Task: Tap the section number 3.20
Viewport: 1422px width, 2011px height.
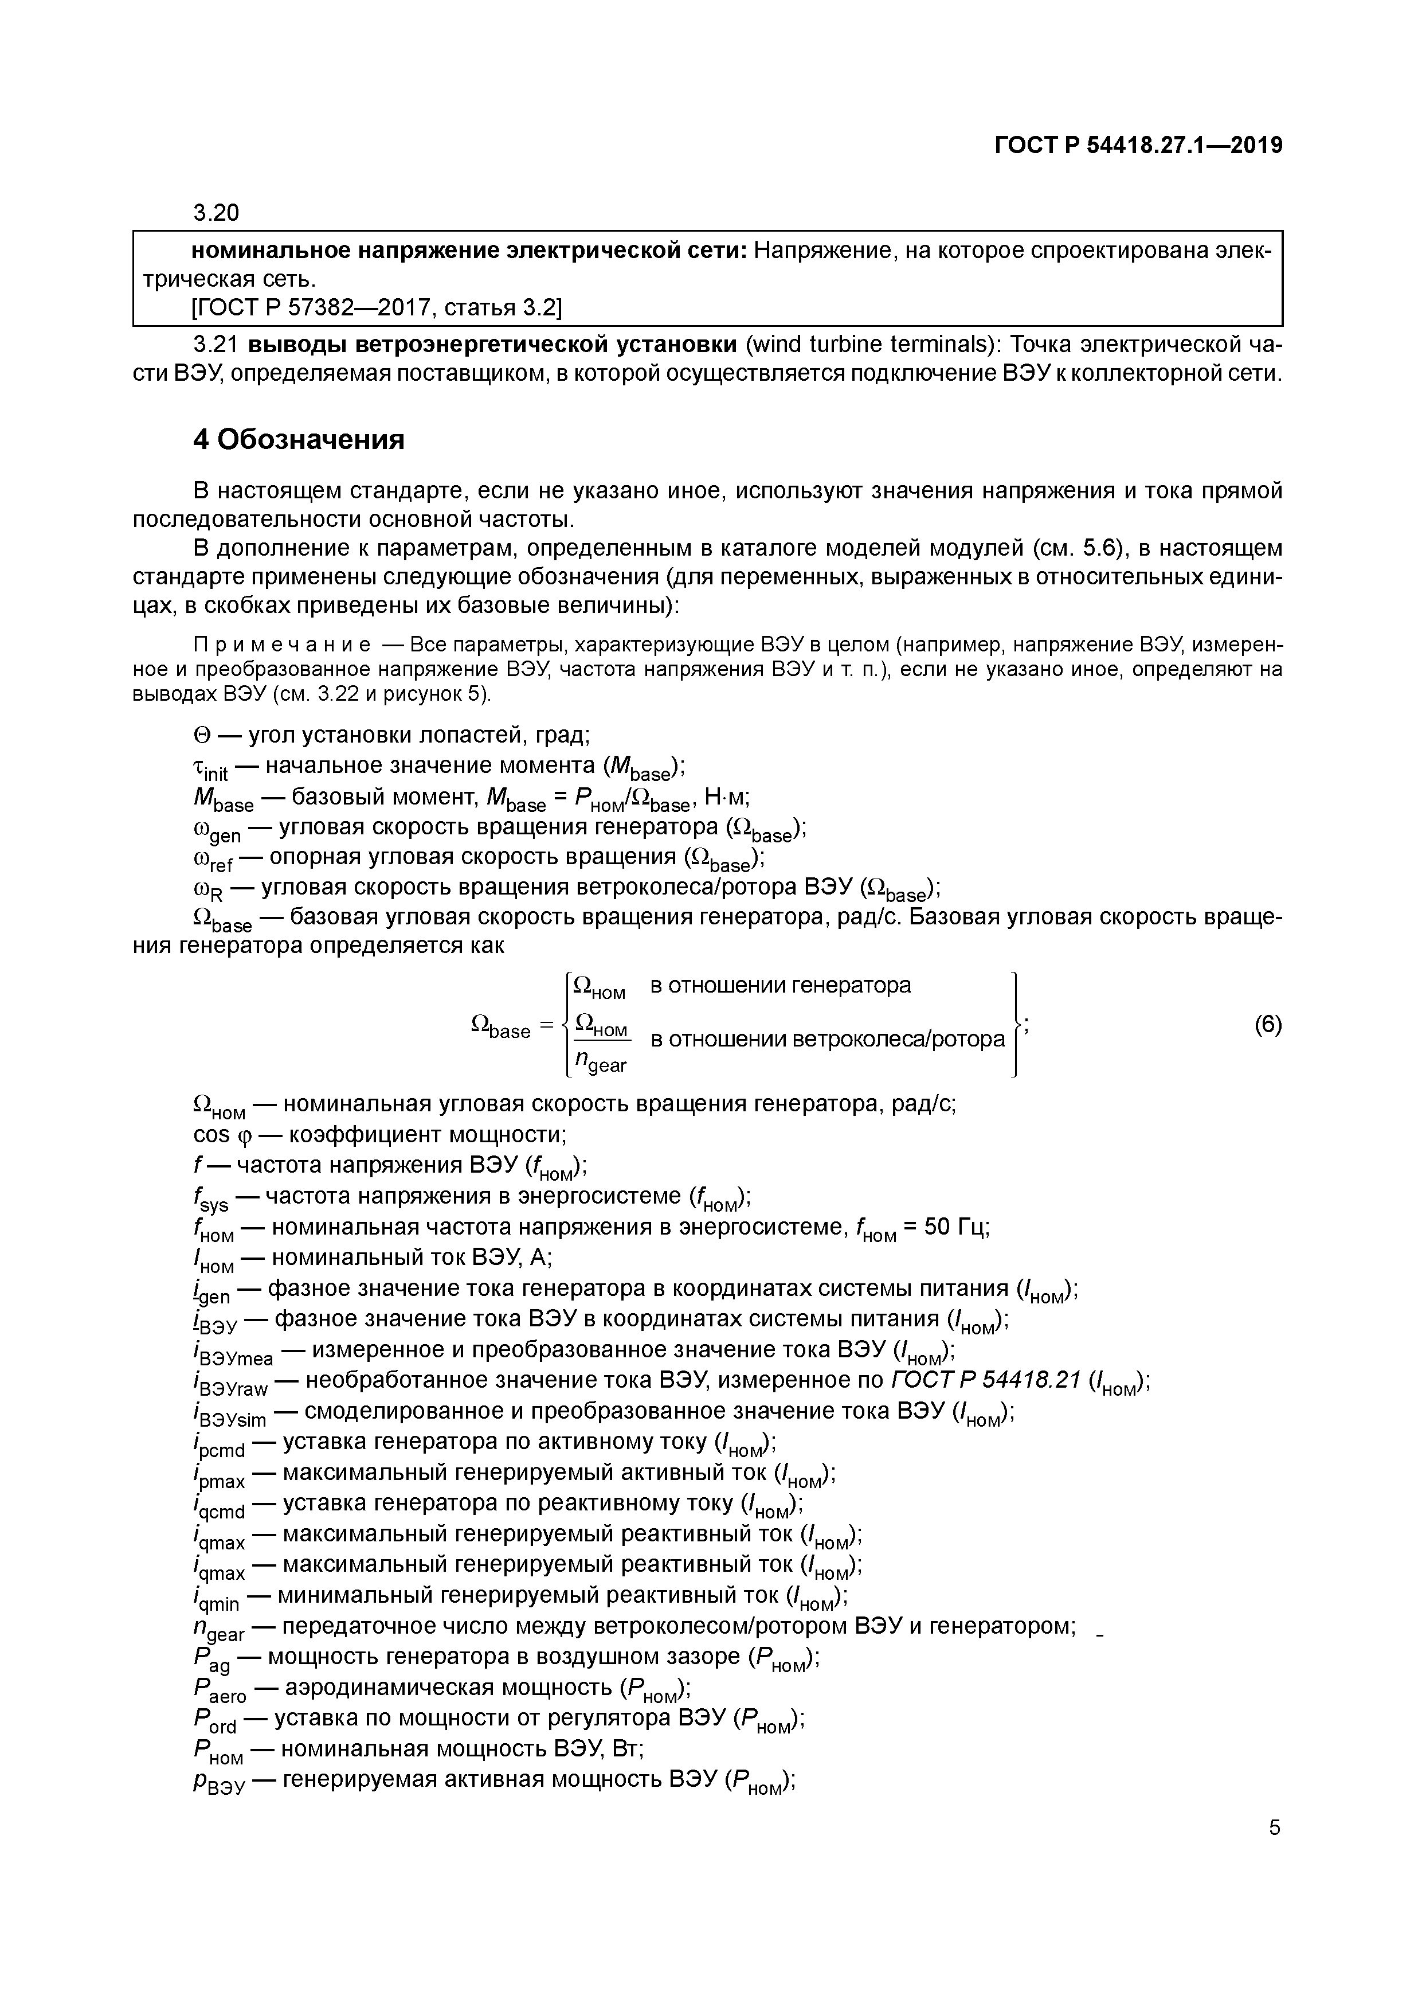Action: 216,213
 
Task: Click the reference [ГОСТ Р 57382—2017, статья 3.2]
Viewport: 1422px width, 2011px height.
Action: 377,307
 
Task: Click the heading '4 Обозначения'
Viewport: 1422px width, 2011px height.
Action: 299,439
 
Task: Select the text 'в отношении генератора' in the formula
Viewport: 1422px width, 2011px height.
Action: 780,985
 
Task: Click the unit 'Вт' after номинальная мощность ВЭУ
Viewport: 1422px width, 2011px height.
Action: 627,1749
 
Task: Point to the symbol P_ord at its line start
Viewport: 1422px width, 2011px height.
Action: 214,1721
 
